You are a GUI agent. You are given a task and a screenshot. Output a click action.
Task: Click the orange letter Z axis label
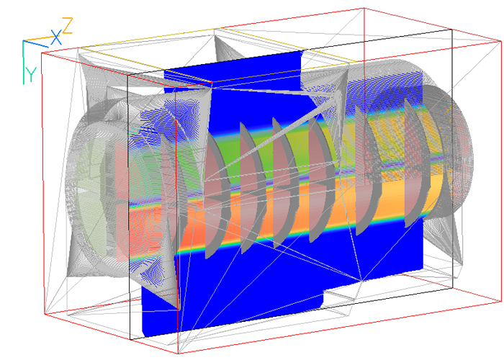(68, 26)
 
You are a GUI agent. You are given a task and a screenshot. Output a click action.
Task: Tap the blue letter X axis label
(56, 37)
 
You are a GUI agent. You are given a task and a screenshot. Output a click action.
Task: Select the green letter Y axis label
(32, 75)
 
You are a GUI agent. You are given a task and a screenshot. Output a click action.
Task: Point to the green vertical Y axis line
(24, 63)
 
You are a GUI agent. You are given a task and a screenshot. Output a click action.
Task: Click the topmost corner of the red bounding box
(364, 8)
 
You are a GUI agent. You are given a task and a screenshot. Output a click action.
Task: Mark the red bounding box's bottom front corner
(178, 354)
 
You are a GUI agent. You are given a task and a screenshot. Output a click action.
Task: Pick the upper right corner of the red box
(501, 41)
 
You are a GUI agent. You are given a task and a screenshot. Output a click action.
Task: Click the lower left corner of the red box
(45, 314)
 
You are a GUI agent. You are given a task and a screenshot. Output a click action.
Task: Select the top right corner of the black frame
(452, 30)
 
